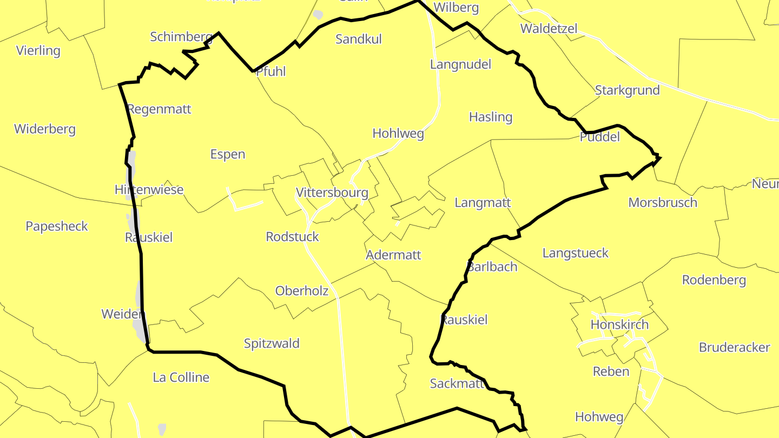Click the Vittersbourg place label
[x=332, y=193]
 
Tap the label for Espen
[x=228, y=155]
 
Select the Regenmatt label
[x=159, y=109]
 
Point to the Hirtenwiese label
[x=149, y=190]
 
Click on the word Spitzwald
[x=272, y=343]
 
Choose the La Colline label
[x=181, y=377]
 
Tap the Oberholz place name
[x=302, y=291]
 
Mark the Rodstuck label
[x=293, y=237]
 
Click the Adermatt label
[x=393, y=255]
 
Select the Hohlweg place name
[x=398, y=134]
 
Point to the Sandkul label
[x=359, y=39]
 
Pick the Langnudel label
[x=461, y=65]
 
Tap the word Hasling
[x=491, y=117]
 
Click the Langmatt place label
[x=483, y=203]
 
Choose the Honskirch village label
[x=619, y=325]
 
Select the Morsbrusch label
[x=663, y=203]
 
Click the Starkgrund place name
[x=628, y=90]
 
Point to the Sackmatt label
[x=457, y=383]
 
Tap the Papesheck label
[x=57, y=226]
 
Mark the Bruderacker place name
[x=735, y=347]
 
